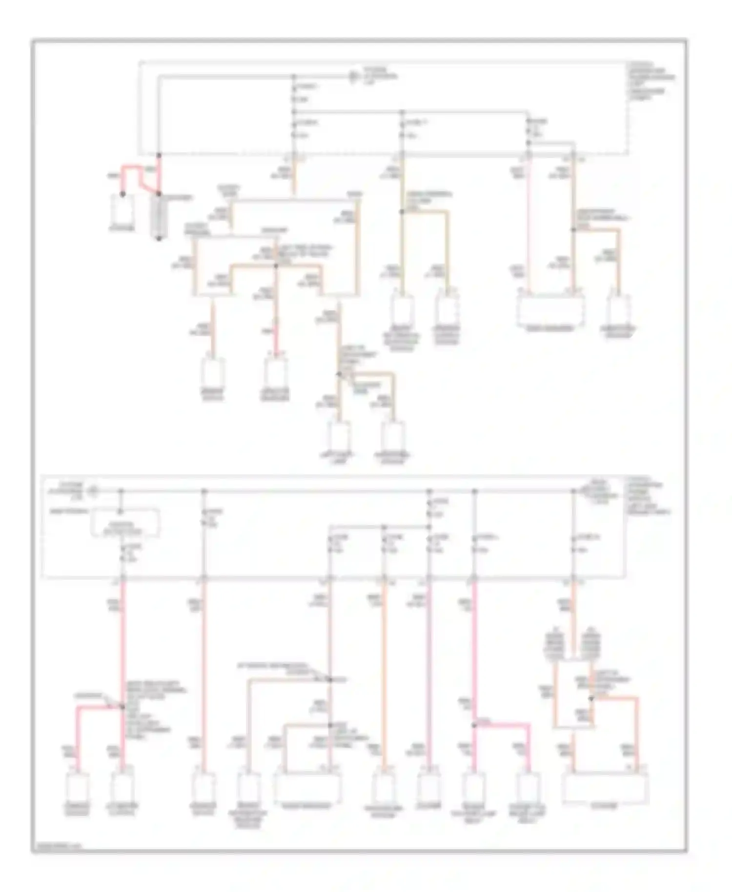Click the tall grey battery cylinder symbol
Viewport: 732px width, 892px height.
click(159, 216)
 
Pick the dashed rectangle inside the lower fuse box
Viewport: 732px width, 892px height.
click(125, 523)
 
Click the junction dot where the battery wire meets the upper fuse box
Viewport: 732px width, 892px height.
click(159, 155)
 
